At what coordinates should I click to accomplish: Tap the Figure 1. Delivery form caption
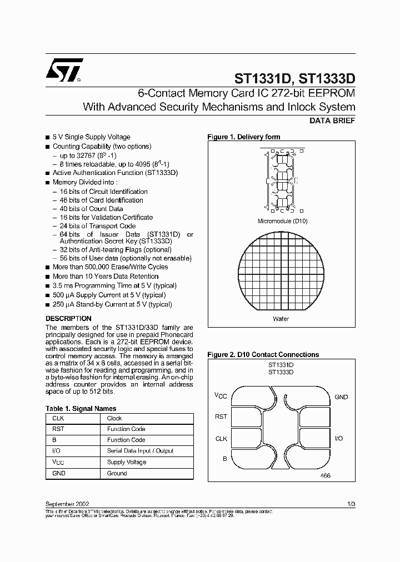[243, 137]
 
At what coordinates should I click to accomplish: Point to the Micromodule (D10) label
[282, 221]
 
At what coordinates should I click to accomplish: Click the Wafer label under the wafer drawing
[281, 319]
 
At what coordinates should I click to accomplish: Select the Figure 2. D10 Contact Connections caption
[263, 354]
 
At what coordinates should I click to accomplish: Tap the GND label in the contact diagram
[341, 397]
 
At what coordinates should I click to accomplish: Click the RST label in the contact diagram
[221, 417]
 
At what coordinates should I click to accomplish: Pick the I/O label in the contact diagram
[339, 439]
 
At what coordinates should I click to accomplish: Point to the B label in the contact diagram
[224, 459]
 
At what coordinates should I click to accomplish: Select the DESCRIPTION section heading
[68, 319]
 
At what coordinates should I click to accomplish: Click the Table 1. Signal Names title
[81, 409]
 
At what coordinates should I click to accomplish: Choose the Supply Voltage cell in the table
[127, 462]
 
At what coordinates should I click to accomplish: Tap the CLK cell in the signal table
[58, 418]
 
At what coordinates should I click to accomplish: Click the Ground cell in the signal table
[117, 473]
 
